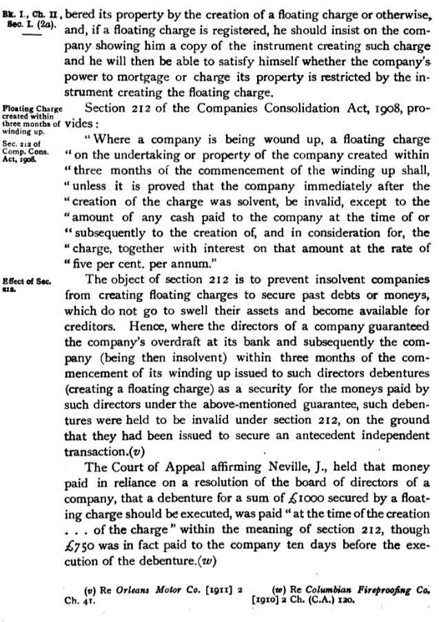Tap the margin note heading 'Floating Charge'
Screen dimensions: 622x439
(x=32, y=108)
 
